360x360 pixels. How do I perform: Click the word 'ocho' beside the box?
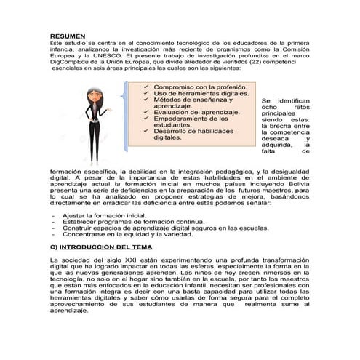pyautogui.click(x=269, y=108)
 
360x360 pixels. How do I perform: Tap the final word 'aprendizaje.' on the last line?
pyautogui.click(x=68, y=311)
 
